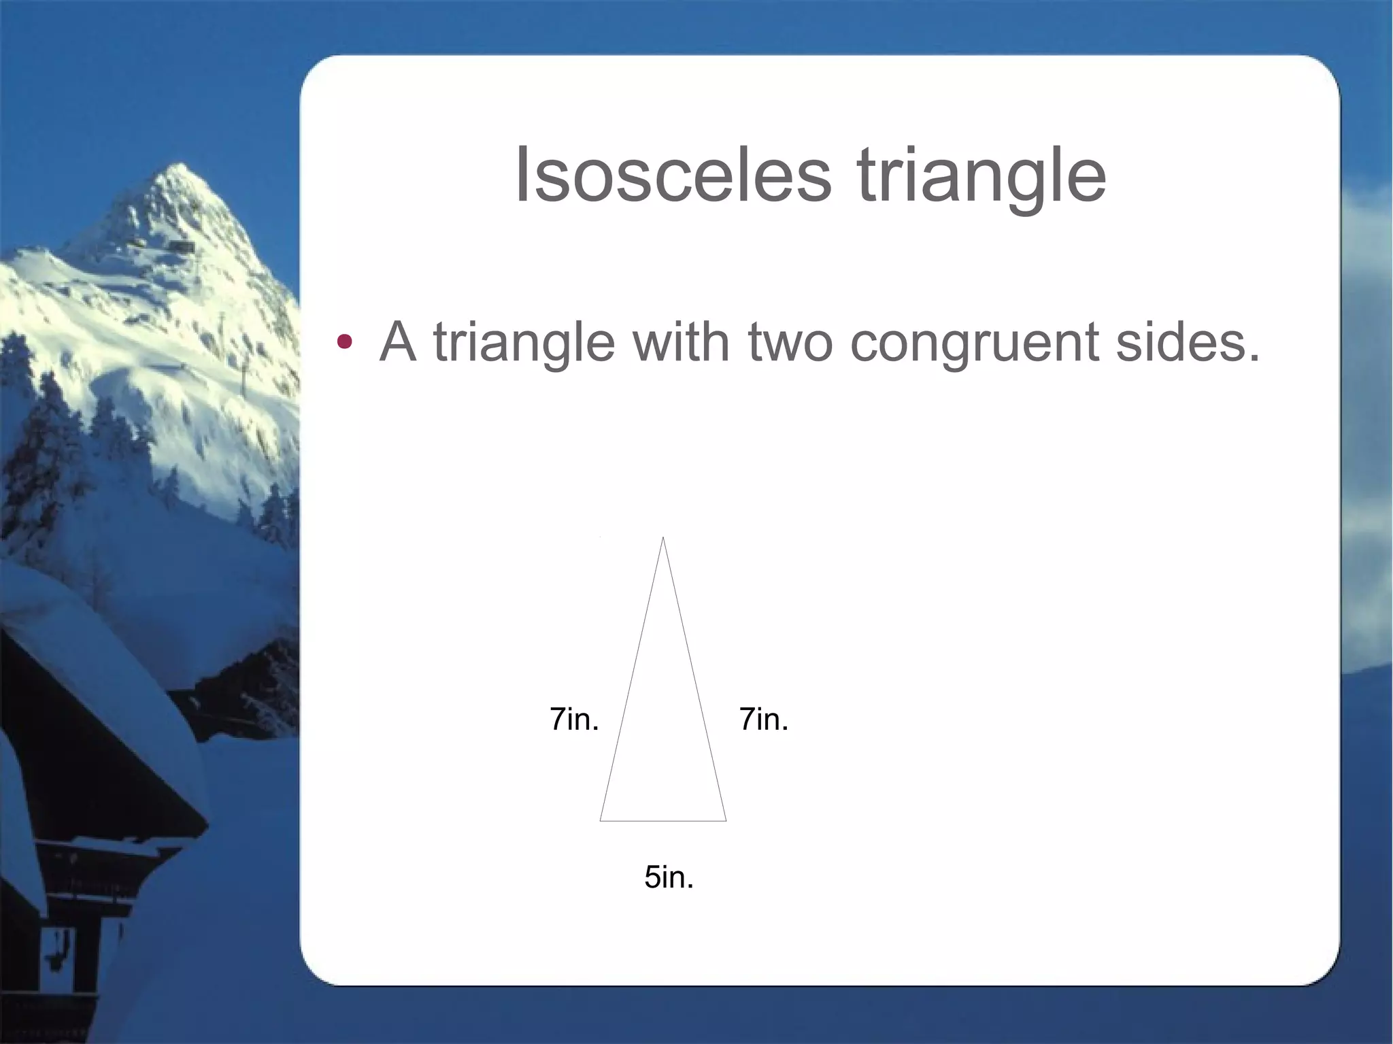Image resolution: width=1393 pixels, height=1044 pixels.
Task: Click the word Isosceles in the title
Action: point(673,175)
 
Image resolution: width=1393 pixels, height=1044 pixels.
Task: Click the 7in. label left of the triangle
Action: point(574,720)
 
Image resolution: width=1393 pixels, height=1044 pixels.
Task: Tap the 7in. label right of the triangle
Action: point(763,720)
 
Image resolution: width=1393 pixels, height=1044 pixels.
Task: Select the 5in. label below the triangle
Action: point(669,877)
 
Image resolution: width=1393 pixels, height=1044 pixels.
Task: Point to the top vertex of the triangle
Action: point(663,538)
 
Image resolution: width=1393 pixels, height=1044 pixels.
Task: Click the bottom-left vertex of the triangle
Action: point(601,820)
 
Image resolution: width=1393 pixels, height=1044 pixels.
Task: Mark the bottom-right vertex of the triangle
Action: point(726,820)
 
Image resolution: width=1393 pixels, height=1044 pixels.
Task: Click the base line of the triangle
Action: point(663,821)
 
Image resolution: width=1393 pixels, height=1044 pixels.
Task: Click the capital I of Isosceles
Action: point(522,175)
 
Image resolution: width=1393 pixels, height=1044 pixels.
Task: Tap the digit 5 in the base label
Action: point(653,877)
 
